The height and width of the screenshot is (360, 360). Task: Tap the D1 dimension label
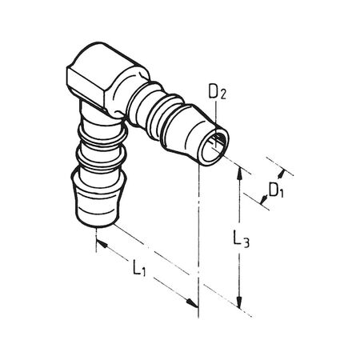(x=274, y=191)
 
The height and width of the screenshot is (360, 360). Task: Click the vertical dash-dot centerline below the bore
(x=198, y=232)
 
